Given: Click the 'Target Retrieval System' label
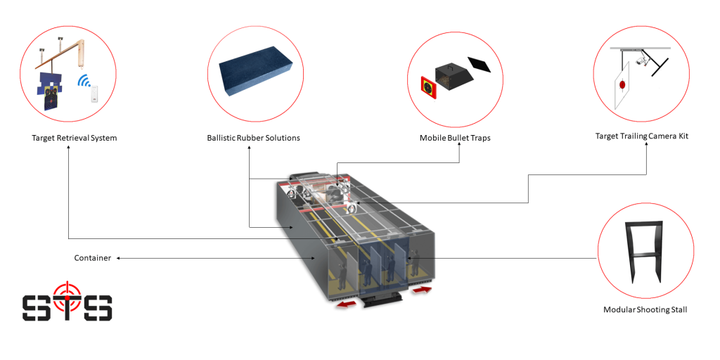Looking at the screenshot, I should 74,138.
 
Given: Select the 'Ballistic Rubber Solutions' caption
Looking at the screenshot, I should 253,138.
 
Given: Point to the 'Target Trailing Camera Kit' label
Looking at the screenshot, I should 641,136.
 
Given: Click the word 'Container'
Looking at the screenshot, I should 93,258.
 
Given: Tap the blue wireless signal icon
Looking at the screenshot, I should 85,80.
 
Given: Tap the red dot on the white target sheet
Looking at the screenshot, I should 622,85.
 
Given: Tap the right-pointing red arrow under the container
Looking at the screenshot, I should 422,289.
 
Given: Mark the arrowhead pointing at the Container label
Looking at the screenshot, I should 119,258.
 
